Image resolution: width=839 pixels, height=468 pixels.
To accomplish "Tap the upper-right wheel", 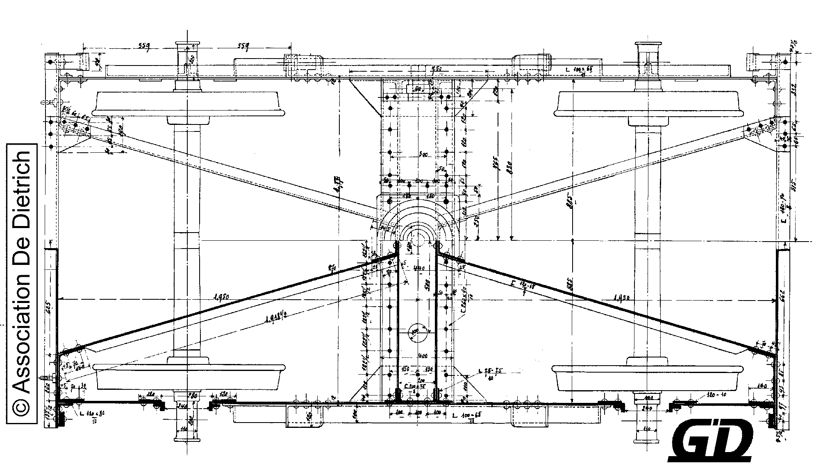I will click(x=648, y=104).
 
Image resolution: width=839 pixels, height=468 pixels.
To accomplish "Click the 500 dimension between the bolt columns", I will click(x=423, y=155).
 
